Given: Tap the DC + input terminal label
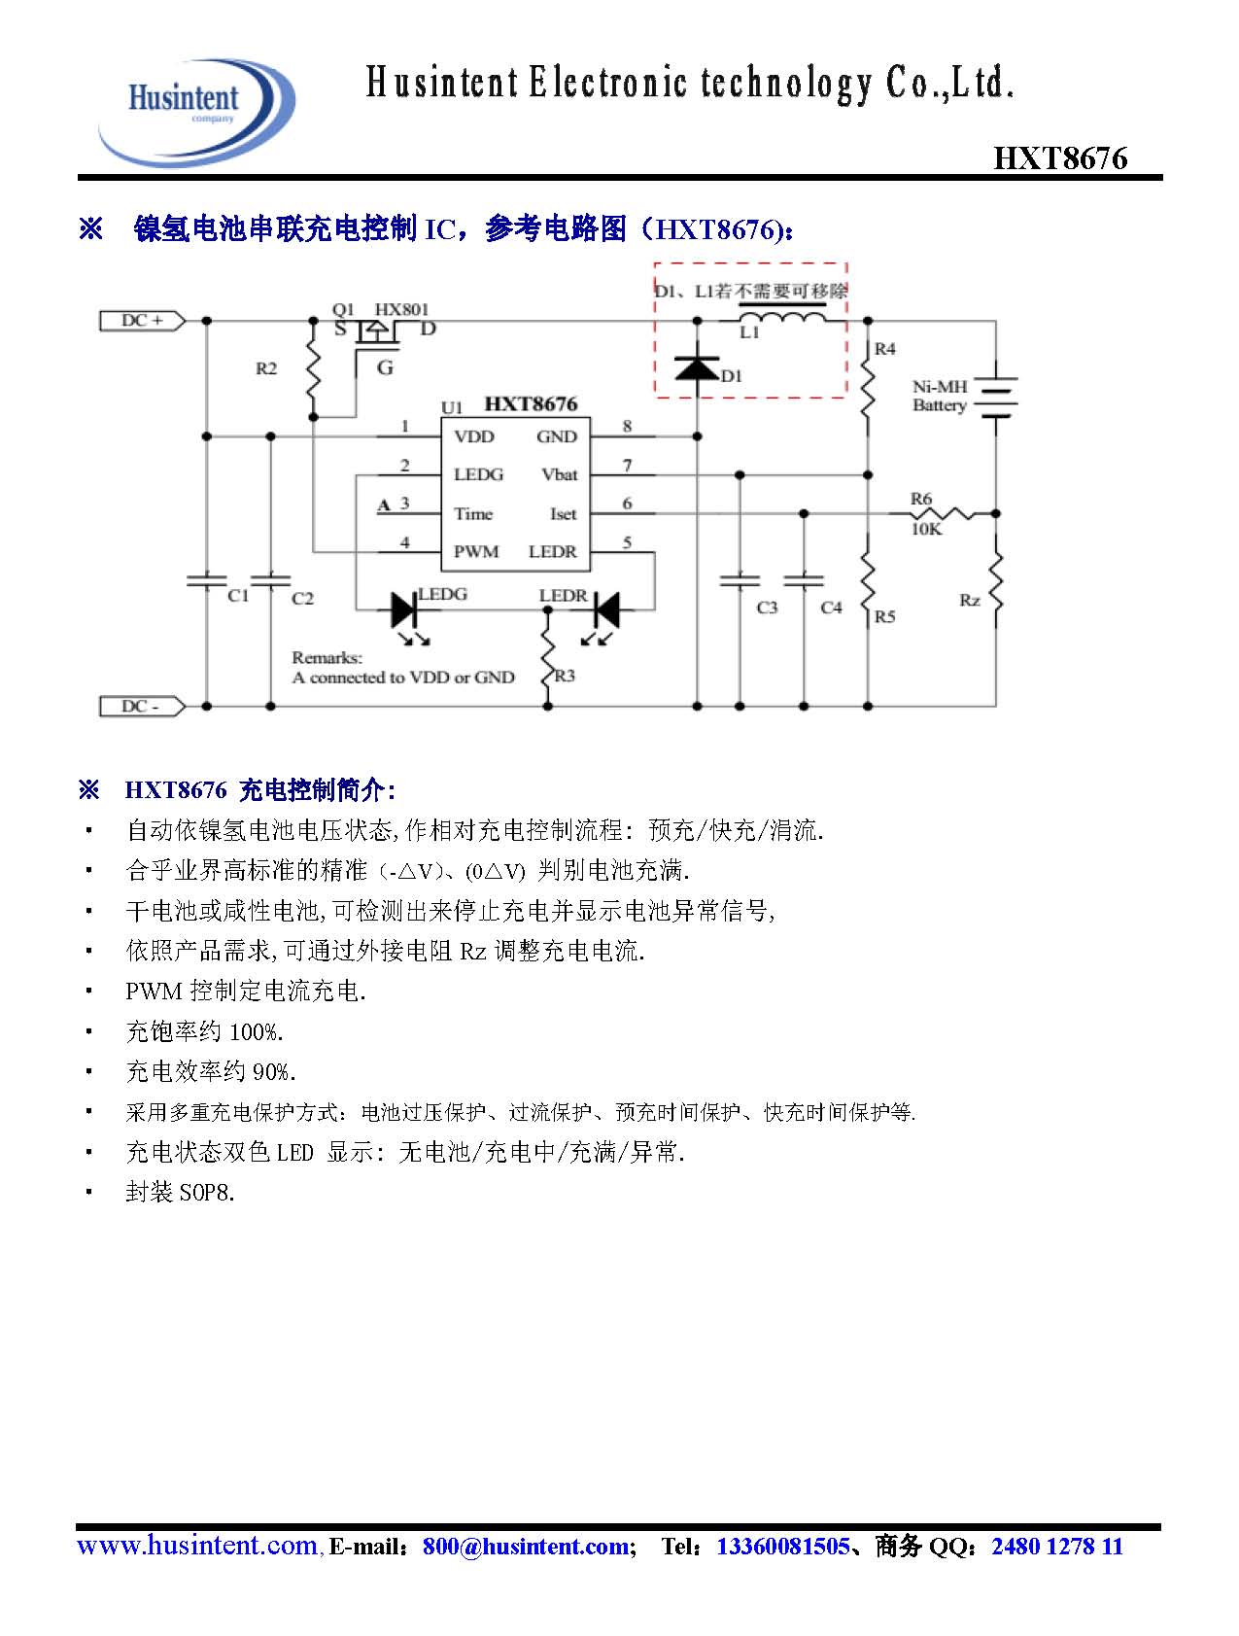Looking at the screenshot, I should (x=142, y=320).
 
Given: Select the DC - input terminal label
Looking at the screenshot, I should (x=141, y=707).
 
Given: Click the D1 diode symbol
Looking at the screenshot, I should (x=697, y=368).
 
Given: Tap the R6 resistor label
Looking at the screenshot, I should (x=921, y=499).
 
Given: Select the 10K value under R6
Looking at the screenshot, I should (x=926, y=530).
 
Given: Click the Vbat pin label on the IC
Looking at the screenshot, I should (x=560, y=474).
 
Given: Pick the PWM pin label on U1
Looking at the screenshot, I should (x=476, y=551).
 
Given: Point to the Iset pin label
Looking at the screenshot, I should (x=563, y=513).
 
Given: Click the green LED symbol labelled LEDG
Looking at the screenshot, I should (x=404, y=610).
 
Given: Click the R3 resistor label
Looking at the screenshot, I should (x=565, y=675).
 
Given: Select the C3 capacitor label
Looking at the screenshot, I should (x=767, y=608).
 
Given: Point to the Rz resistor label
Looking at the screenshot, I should (x=969, y=600).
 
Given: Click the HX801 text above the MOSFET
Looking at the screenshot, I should (x=401, y=309).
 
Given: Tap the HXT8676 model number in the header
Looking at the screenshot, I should (x=1060, y=158).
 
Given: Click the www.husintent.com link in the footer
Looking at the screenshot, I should (x=196, y=1546).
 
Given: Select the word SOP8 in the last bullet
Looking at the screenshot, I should (x=206, y=1192).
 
